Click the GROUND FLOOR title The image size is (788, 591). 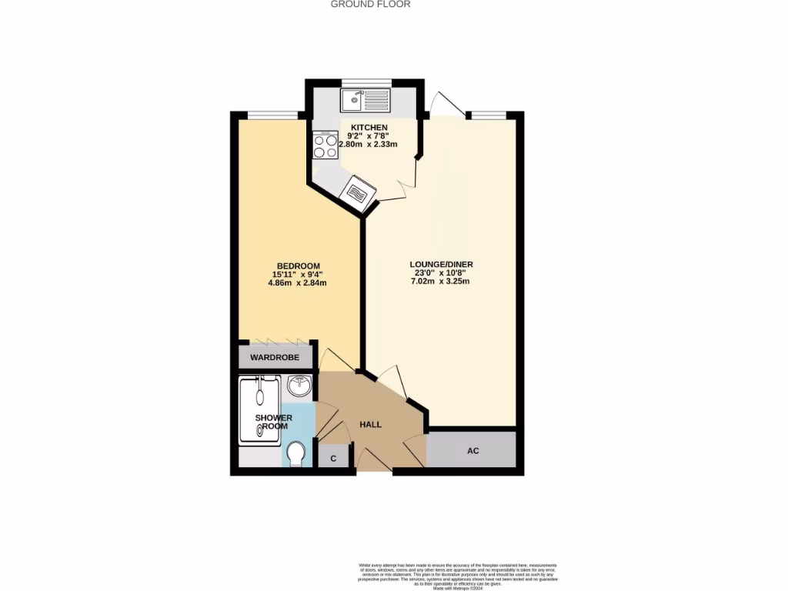pyautogui.click(x=370, y=4)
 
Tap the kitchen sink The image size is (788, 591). pyautogui.click(x=366, y=100)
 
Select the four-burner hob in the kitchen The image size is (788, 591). pyautogui.click(x=326, y=145)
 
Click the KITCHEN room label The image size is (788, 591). pyautogui.click(x=369, y=127)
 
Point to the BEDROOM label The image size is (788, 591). pyautogui.click(x=295, y=266)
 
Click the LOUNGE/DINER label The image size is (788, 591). pyautogui.click(x=441, y=265)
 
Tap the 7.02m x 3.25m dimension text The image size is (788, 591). pyautogui.click(x=440, y=282)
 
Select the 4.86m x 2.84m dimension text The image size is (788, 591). pyautogui.click(x=297, y=282)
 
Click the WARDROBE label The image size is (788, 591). pyautogui.click(x=275, y=358)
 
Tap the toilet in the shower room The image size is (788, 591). pyautogui.click(x=295, y=454)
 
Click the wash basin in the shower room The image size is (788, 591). pyautogui.click(x=299, y=386)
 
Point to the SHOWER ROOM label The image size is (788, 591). pyautogui.click(x=273, y=422)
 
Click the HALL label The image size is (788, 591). pyautogui.click(x=371, y=424)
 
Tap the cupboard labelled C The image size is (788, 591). pyautogui.click(x=333, y=459)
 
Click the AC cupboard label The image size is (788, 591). pyautogui.click(x=472, y=450)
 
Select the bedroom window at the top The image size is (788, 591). pyautogui.click(x=272, y=115)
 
